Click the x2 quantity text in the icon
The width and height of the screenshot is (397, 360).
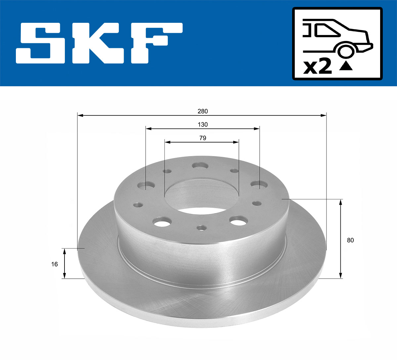[x=317, y=67]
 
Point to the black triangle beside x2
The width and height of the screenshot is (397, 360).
[x=346, y=66]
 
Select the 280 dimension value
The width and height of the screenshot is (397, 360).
[x=202, y=111]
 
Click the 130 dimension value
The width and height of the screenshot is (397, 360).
[x=202, y=125]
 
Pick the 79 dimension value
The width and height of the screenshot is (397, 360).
[x=202, y=138]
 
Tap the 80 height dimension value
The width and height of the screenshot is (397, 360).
[x=350, y=240]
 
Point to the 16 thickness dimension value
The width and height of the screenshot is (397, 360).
[x=55, y=264]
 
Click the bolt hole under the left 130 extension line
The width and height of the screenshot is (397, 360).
[x=146, y=186]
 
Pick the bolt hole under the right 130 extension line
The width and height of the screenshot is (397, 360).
[x=259, y=185]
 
